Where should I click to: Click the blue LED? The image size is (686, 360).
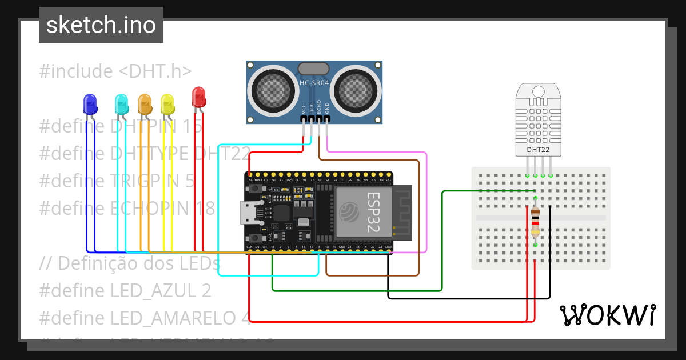(90, 104)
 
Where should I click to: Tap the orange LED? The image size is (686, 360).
(145, 104)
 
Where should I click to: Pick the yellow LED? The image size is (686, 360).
(167, 104)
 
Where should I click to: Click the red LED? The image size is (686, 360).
(198, 97)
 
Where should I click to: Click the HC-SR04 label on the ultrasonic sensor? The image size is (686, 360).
(314, 83)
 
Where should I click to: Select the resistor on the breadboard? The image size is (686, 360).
(535, 222)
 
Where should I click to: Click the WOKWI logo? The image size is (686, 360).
(608, 315)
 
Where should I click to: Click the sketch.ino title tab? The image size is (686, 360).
(101, 25)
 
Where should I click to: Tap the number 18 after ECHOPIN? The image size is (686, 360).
(205, 208)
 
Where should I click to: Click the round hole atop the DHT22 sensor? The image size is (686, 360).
(538, 91)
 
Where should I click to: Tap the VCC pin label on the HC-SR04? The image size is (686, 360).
(304, 109)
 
